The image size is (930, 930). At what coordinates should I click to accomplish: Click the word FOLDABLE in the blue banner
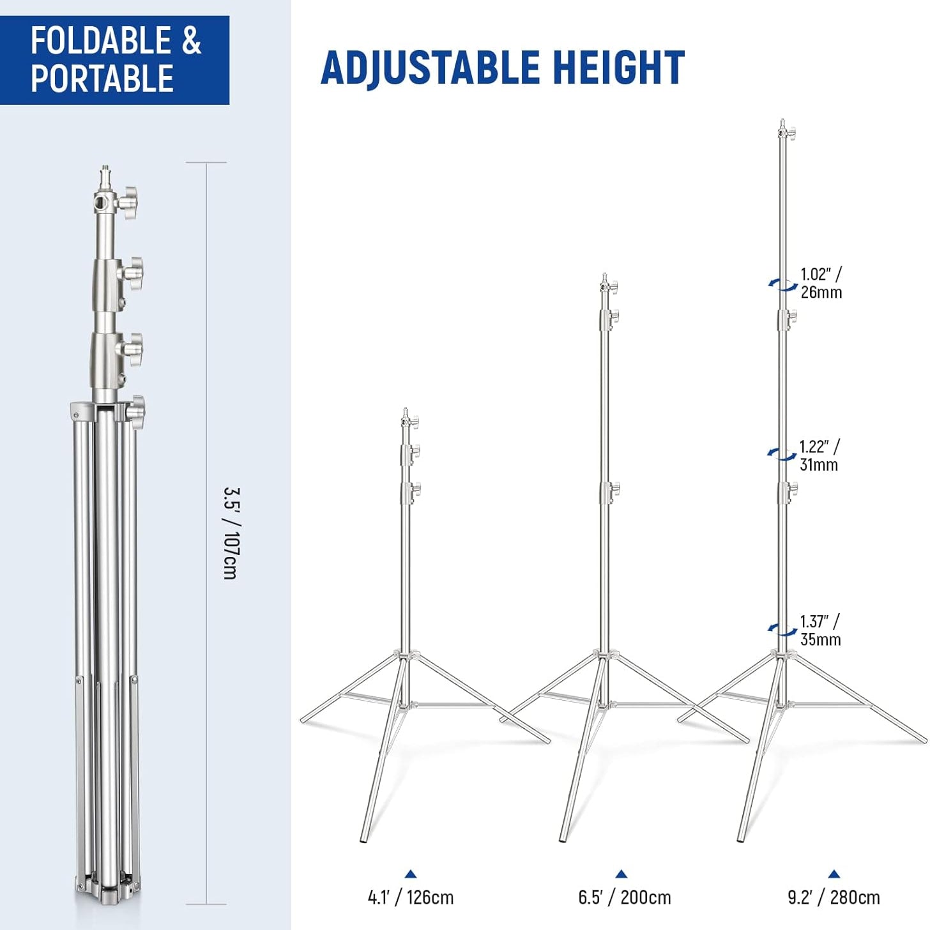(x=102, y=40)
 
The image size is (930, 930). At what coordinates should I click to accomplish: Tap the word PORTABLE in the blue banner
(x=102, y=78)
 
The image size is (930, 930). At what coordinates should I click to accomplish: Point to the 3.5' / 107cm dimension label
(x=230, y=533)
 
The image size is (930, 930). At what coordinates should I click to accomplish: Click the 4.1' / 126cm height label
(x=411, y=897)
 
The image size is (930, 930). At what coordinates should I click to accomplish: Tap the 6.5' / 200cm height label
(x=625, y=897)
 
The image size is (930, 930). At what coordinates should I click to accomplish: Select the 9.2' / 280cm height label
(x=834, y=897)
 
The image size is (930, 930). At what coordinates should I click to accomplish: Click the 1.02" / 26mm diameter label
(x=821, y=284)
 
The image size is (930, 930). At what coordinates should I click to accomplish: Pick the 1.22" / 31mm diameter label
(x=819, y=455)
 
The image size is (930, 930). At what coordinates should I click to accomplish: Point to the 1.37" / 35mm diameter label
(x=820, y=630)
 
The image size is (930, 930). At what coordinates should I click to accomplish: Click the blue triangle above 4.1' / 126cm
(x=411, y=874)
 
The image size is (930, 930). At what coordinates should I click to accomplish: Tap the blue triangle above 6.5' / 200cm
(x=621, y=874)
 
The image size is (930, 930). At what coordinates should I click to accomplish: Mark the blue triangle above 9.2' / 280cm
(x=834, y=874)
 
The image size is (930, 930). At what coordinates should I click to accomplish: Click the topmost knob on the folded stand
(x=128, y=202)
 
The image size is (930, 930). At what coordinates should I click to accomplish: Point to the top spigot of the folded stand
(x=105, y=178)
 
